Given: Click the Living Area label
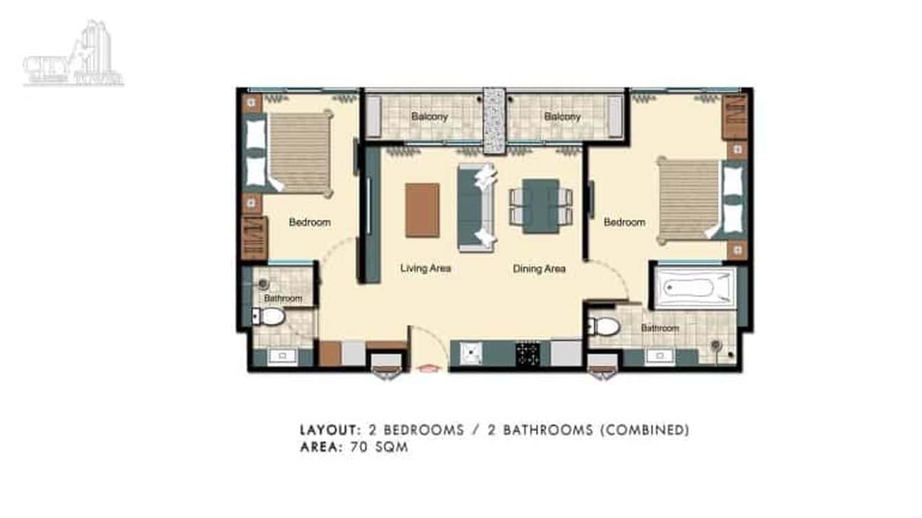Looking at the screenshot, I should click(425, 268).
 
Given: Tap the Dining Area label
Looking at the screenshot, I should click(539, 269).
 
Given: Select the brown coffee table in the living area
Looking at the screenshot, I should click(422, 210).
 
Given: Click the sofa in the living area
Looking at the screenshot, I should click(475, 207).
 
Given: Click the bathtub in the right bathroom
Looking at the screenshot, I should click(693, 287).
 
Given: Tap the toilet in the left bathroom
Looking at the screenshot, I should click(269, 317).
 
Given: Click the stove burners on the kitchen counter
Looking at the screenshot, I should click(527, 354).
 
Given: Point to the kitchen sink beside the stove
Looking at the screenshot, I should click(471, 354).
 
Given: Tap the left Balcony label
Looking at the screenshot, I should click(429, 117).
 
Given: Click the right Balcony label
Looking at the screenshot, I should click(562, 117).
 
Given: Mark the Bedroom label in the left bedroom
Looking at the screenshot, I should click(309, 222).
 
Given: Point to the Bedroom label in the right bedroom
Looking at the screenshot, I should click(624, 222).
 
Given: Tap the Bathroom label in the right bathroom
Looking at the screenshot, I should click(660, 328).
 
